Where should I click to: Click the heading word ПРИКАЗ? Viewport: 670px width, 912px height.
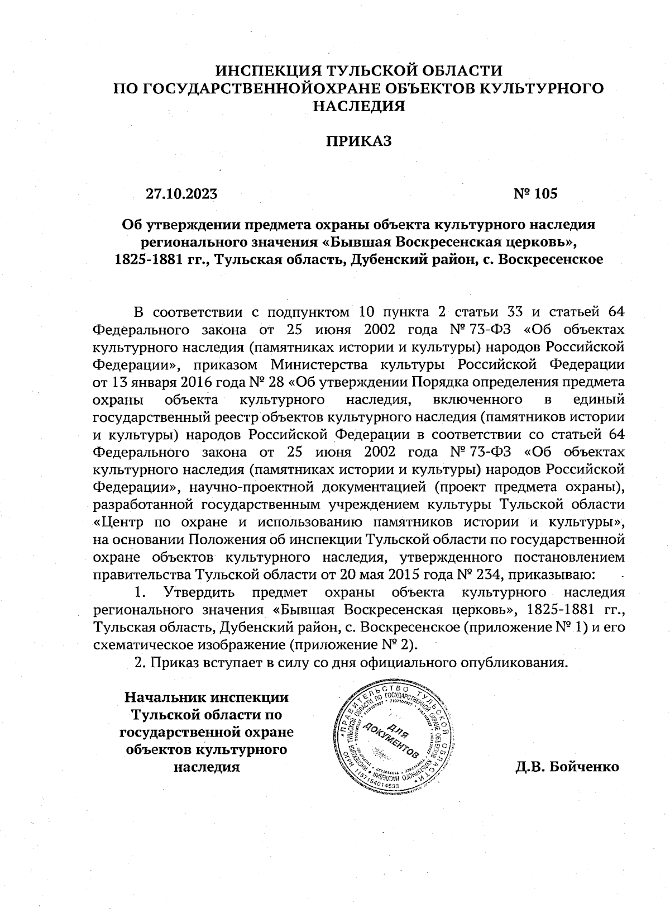[358, 141]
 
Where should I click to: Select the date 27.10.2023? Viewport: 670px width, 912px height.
[181, 193]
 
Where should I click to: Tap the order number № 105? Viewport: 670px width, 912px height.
[535, 193]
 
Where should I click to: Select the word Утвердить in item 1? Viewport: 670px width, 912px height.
[199, 592]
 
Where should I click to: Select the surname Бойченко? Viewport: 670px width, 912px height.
[584, 766]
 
